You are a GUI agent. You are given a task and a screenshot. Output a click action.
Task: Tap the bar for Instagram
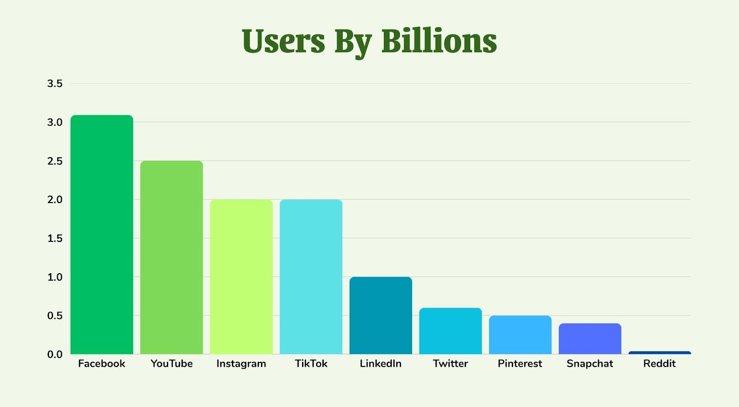pyautogui.click(x=241, y=277)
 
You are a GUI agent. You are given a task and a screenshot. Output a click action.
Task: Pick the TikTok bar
pyautogui.click(x=311, y=277)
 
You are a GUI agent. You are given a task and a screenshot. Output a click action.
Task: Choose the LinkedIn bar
pyautogui.click(x=381, y=316)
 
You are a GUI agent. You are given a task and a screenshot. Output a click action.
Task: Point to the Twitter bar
pyautogui.click(x=450, y=331)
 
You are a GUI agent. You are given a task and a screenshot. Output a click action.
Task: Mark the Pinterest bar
pyautogui.click(x=520, y=335)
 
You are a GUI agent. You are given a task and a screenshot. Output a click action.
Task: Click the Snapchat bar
pyautogui.click(x=590, y=339)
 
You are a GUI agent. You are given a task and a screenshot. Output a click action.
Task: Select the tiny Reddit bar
pyautogui.click(x=660, y=353)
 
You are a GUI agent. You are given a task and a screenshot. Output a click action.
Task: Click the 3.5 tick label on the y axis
pyautogui.click(x=55, y=84)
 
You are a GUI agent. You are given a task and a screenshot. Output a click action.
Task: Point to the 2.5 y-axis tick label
pyautogui.click(x=55, y=161)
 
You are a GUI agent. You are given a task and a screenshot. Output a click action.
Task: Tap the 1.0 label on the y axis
pyautogui.click(x=55, y=277)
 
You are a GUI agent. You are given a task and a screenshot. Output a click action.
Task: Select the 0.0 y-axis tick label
pyautogui.click(x=55, y=354)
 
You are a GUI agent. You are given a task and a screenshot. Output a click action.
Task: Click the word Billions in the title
pyautogui.click(x=439, y=41)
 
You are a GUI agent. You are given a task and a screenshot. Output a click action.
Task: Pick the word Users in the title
pyautogui.click(x=283, y=41)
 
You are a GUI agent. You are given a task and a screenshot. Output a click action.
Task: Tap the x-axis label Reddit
pyautogui.click(x=660, y=364)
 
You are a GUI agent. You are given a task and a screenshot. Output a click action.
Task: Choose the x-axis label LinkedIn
pyautogui.click(x=381, y=364)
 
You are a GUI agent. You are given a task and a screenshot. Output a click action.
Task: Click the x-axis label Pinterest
pyautogui.click(x=520, y=364)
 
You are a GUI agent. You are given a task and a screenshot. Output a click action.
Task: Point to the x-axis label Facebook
pyautogui.click(x=102, y=364)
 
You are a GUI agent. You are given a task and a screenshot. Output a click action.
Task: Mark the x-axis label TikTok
pyautogui.click(x=311, y=364)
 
